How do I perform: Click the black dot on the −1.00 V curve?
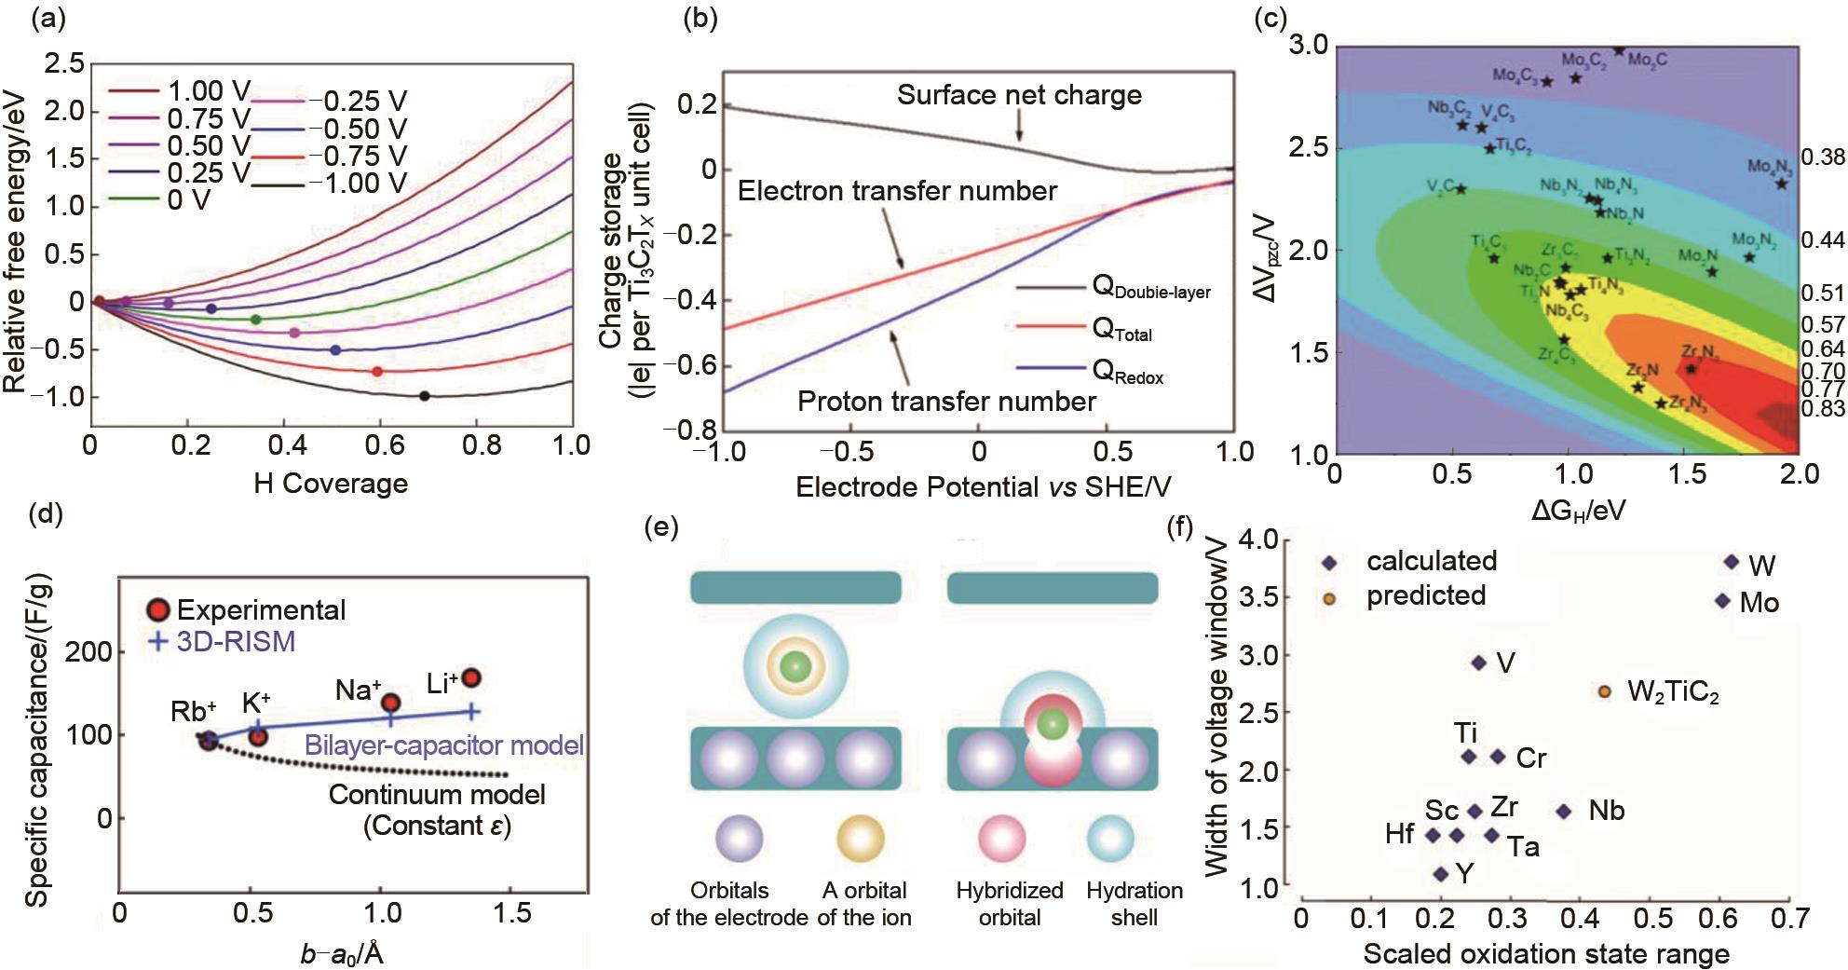(x=425, y=396)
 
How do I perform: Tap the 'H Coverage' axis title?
(x=331, y=483)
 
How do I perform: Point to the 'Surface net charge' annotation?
(x=1019, y=95)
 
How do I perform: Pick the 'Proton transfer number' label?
(x=946, y=402)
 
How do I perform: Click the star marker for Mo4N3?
(x=1781, y=184)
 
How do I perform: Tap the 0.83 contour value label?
(x=1823, y=408)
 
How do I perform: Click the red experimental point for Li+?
(x=471, y=678)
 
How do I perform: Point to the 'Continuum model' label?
(x=437, y=795)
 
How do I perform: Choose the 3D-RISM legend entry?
(x=224, y=641)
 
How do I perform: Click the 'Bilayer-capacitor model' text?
(x=444, y=745)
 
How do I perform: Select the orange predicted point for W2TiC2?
(x=1604, y=691)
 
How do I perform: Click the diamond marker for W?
(x=1732, y=562)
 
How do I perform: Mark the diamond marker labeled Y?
(x=1441, y=874)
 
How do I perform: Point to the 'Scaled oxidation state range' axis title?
(x=1546, y=953)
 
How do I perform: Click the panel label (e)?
(x=660, y=528)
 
